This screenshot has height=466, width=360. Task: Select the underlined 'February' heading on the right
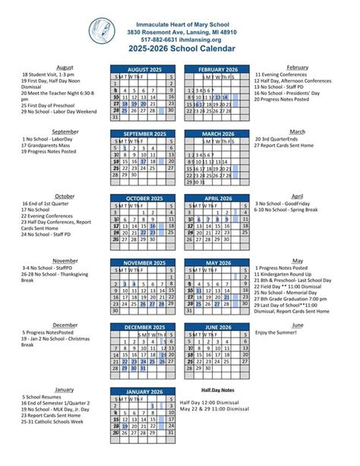[x=297, y=68]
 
